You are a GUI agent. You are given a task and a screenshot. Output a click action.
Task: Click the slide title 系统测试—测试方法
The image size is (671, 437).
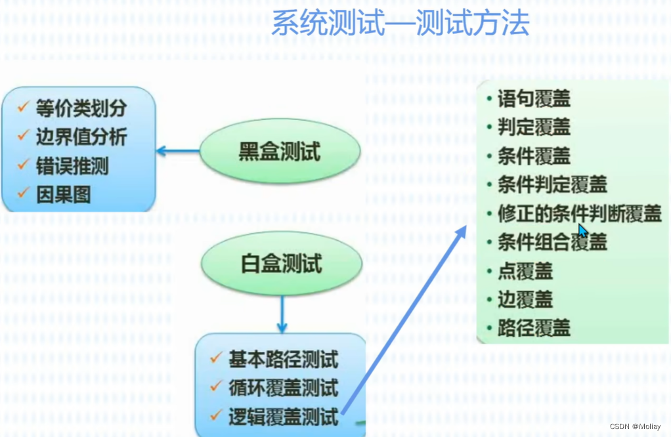pos(400,24)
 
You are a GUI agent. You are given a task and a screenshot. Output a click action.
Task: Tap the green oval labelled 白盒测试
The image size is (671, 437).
pos(281,263)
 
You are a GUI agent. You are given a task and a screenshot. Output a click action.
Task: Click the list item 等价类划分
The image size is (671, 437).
pos(80,109)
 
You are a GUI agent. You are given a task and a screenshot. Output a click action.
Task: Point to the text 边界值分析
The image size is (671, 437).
pos(81,137)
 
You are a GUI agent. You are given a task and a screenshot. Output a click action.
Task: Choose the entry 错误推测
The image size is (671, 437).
pos(72,166)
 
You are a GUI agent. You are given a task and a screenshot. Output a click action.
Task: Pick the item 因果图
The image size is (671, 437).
pos(63,194)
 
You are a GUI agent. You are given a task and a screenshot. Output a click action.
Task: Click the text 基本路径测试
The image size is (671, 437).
pos(283,360)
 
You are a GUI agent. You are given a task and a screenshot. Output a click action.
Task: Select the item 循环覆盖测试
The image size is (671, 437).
pos(283,388)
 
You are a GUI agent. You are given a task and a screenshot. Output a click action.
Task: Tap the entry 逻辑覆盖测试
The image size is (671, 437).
pos(283,416)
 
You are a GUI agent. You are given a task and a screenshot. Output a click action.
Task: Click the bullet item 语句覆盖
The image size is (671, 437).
pos(533,99)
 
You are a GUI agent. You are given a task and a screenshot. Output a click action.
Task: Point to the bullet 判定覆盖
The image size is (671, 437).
pos(533,127)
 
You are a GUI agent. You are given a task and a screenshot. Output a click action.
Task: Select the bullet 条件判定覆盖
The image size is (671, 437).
pos(552,184)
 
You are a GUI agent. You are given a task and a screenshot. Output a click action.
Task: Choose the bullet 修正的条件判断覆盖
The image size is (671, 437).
pos(579,213)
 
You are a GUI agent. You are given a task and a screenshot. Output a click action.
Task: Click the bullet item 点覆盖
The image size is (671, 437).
pos(525,271)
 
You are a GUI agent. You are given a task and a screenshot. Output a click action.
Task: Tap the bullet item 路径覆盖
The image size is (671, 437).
pos(533,327)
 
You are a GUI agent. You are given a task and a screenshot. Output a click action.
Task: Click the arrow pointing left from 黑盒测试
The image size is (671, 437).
pos(178,152)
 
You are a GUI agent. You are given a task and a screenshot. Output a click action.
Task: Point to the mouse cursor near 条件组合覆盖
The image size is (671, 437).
pos(582,232)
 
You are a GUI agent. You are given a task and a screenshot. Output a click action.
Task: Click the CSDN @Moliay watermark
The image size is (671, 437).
pos(635,427)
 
